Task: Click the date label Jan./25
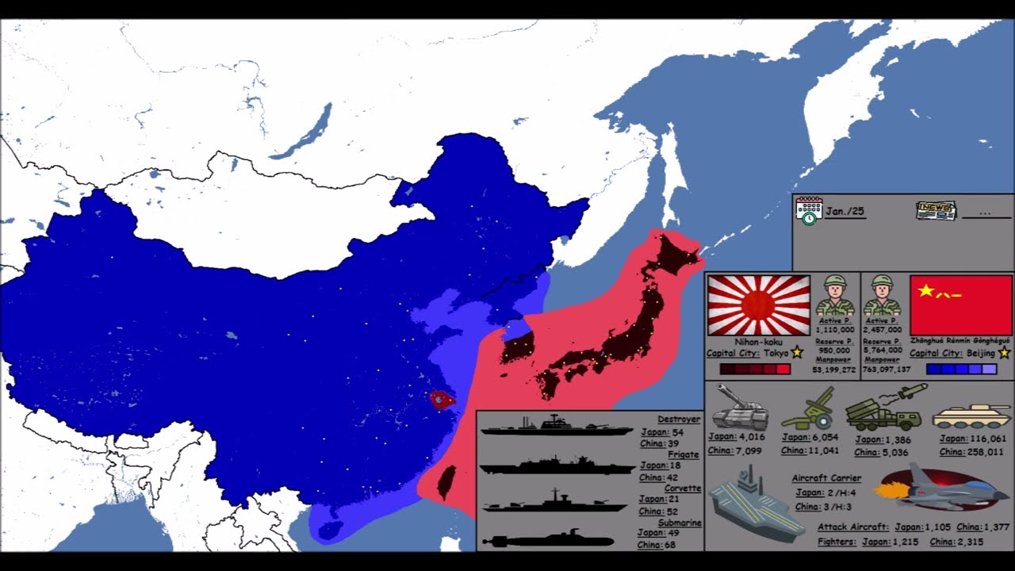click(845, 212)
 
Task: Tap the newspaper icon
click(936, 211)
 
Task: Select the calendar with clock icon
click(809, 211)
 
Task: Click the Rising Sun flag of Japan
click(758, 305)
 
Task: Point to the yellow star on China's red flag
click(925, 291)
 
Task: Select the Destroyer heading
click(678, 420)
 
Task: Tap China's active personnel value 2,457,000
click(883, 330)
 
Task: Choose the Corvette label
click(682, 489)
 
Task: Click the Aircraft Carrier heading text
click(826, 478)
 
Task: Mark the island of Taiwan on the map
click(447, 482)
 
